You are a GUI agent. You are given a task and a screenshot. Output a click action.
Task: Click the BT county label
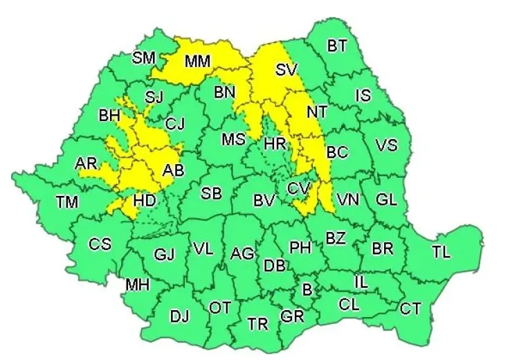tap(337, 46)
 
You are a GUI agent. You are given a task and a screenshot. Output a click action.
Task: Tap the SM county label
tap(144, 57)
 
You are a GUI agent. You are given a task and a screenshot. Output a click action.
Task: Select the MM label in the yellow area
tap(197, 62)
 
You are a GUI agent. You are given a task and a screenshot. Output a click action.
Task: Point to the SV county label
tap(285, 69)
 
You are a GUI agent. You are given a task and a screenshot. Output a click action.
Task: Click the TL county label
tap(441, 252)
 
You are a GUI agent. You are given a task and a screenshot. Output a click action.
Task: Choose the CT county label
tap(410, 309)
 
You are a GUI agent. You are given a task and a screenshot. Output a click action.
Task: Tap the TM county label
tap(67, 201)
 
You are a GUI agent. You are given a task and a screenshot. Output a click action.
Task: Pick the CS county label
tap(100, 244)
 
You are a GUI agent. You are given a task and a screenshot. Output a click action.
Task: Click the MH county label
tap(138, 284)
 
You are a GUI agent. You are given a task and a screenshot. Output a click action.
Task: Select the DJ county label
tap(179, 317)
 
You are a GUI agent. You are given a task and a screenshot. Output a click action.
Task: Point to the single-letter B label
tap(307, 288)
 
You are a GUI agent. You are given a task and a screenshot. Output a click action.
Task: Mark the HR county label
tap(275, 143)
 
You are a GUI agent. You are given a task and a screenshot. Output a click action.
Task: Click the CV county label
tap(299, 187)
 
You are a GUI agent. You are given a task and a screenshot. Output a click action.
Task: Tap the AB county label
tap(172, 170)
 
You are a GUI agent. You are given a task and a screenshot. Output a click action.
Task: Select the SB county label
tap(211, 194)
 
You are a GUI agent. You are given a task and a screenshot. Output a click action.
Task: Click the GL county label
tap(386, 199)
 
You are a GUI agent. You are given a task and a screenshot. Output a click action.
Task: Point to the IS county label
tap(363, 96)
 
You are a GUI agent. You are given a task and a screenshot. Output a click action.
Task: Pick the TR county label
tap(258, 323)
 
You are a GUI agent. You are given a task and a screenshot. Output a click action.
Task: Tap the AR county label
tap(86, 164)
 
